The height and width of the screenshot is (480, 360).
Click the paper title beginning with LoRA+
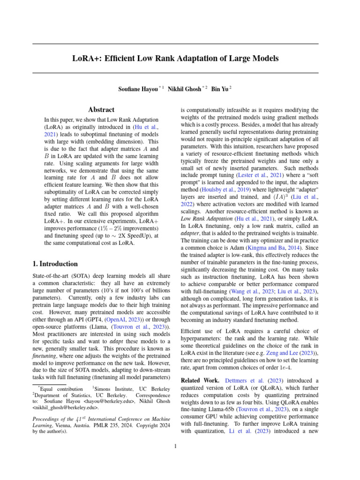click(x=175, y=59)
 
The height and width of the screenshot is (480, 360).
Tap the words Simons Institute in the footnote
click(x=114, y=389)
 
